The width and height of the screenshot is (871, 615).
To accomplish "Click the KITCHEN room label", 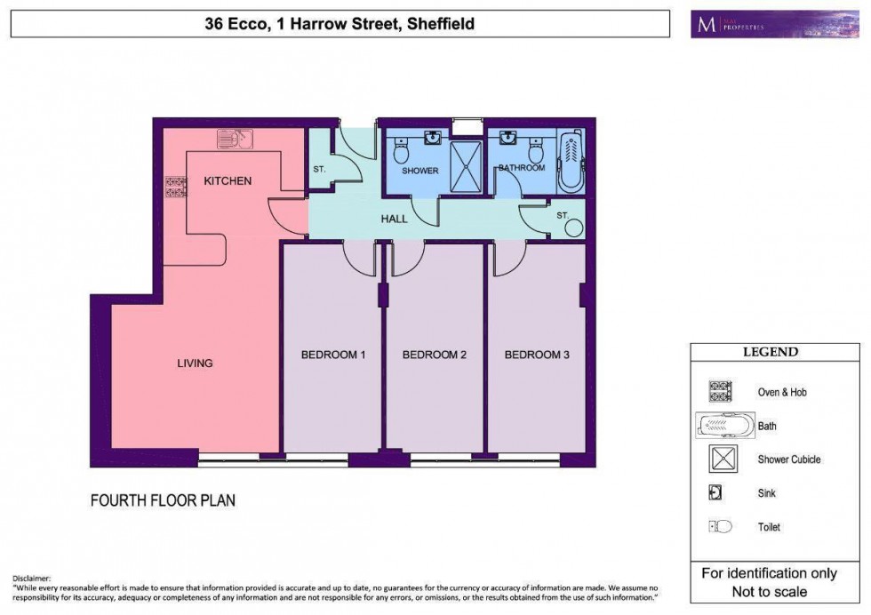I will coord(228,181).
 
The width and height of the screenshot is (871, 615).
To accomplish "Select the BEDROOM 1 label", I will coord(333,355).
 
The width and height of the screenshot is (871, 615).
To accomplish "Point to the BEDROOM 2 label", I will coord(435,355).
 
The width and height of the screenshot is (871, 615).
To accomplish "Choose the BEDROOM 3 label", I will coord(537,355).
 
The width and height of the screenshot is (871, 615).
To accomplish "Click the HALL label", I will coord(394,219).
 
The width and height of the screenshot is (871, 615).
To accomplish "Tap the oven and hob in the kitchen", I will coord(175,187).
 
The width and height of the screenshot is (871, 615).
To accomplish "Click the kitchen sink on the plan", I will coord(236,139).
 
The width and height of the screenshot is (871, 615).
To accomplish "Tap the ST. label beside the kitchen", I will coord(319,169).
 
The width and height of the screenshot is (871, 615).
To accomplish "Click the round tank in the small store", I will coord(573,228).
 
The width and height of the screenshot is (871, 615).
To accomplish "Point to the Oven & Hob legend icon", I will coord(719,392).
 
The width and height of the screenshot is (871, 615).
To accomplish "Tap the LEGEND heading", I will coord(770,352).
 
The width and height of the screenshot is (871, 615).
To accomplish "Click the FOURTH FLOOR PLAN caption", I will coord(163,500).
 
